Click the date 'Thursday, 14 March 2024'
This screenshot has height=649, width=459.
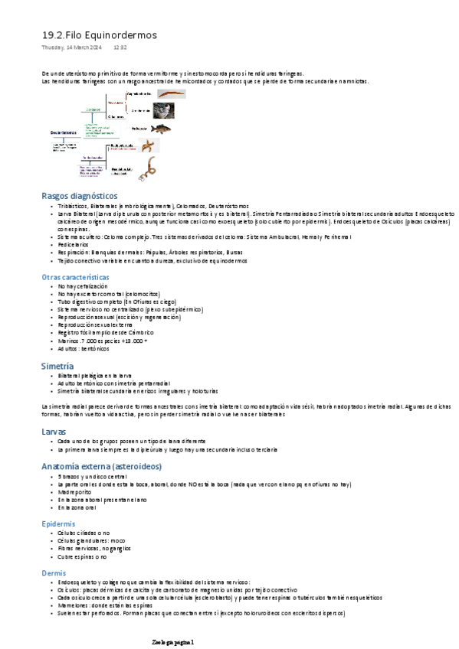pos(71,47)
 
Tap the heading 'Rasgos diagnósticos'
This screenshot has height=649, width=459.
pos(79,196)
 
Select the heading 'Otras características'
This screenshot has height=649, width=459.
pos(75,276)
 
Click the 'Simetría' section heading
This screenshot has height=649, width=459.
pos(57,367)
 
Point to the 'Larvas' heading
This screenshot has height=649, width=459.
pos(55,432)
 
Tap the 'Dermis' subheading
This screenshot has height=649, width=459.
pos(54,572)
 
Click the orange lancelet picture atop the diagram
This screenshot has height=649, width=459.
pos(171,93)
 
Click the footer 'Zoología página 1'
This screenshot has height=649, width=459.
pos(175,641)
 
